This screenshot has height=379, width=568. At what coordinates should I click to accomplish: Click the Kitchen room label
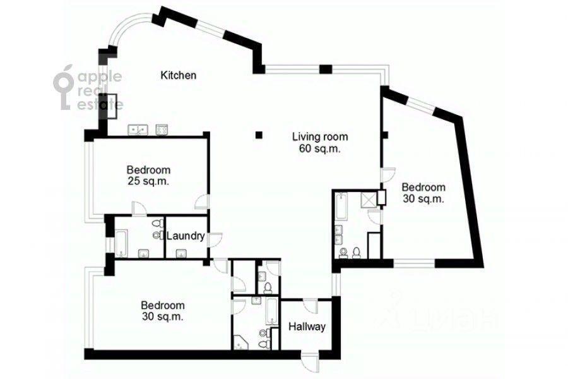pyautogui.click(x=178, y=75)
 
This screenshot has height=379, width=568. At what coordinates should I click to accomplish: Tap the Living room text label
pyautogui.click(x=320, y=136)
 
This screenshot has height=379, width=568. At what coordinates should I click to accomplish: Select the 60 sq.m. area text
pyautogui.click(x=320, y=148)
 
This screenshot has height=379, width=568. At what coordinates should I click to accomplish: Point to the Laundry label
pyautogui.click(x=186, y=236)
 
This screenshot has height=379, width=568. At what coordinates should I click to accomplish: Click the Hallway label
pyautogui.click(x=307, y=327)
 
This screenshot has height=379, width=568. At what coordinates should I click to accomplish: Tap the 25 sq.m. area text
pyautogui.click(x=148, y=181)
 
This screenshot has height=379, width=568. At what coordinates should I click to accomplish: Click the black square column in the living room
pyautogui.click(x=259, y=135)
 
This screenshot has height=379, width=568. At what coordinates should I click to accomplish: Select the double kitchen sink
pyautogui.click(x=138, y=130)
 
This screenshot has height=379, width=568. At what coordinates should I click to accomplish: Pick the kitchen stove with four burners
pyautogui.click(x=162, y=130)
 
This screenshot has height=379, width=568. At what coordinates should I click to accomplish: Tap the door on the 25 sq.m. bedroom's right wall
pyautogui.click(x=202, y=202)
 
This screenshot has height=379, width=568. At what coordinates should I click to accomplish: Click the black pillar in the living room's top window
pyautogui.click(x=326, y=69)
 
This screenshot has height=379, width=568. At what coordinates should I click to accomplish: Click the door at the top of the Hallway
pyautogui.click(x=310, y=306)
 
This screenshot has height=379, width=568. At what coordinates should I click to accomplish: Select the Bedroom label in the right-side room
pyautogui.click(x=423, y=187)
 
